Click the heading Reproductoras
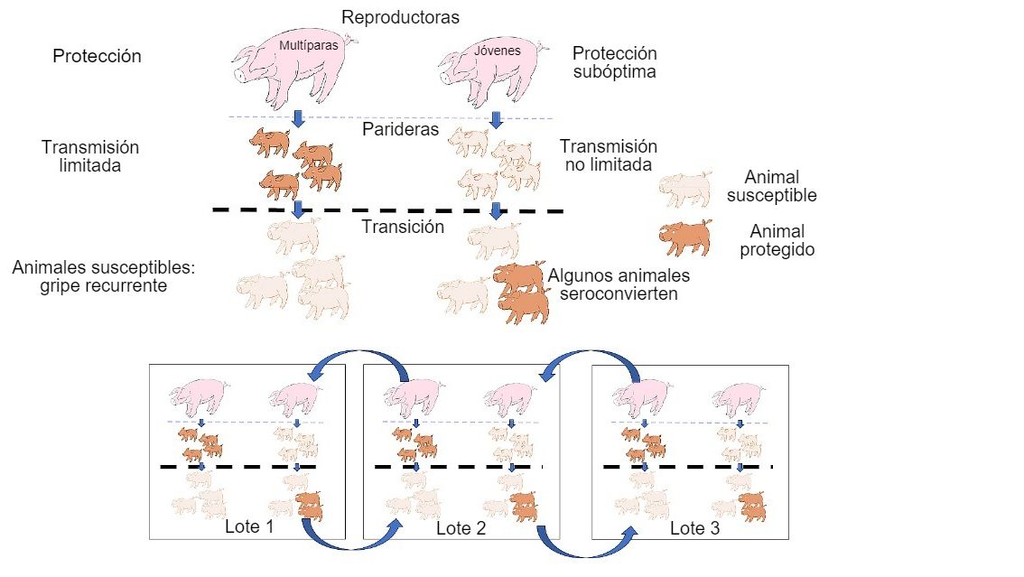[x=401, y=17]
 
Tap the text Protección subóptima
[x=615, y=63]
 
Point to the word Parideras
[x=401, y=129]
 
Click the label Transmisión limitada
[x=90, y=156]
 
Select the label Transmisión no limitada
[x=608, y=155]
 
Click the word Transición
[x=403, y=227]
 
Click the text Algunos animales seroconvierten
[x=619, y=284]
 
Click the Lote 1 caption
[x=249, y=527]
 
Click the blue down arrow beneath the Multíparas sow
[x=299, y=120]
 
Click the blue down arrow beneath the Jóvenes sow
[x=495, y=120]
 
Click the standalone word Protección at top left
[x=97, y=56]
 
